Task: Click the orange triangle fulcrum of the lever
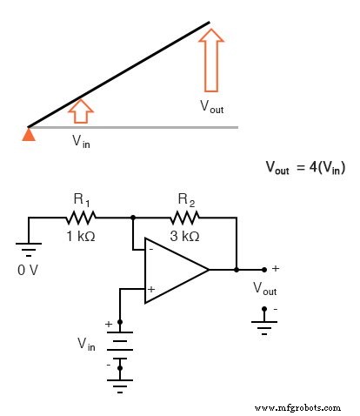click(x=29, y=133)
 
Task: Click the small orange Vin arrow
click(x=80, y=111)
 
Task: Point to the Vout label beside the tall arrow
click(x=211, y=106)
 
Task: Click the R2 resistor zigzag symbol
click(x=185, y=218)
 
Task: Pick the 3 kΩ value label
click(x=185, y=236)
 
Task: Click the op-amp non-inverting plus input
click(x=151, y=289)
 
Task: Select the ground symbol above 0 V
click(x=29, y=251)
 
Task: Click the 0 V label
click(x=29, y=271)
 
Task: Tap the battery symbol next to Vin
click(x=120, y=345)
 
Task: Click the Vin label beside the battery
click(x=86, y=345)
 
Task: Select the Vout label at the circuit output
click(x=265, y=289)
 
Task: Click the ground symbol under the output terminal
click(x=263, y=324)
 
